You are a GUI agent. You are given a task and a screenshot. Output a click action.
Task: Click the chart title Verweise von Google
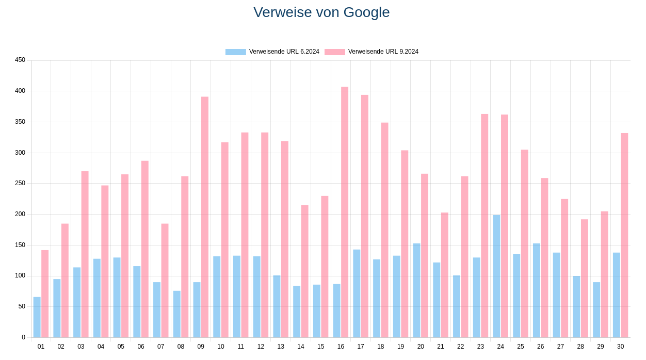[x=321, y=12]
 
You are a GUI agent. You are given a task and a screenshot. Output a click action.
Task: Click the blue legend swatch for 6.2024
[x=235, y=52]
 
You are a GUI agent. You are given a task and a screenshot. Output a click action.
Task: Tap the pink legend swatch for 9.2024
[x=334, y=52]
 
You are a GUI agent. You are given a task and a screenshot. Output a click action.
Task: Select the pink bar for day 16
[x=345, y=212]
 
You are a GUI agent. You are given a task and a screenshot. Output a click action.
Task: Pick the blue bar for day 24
[x=496, y=276]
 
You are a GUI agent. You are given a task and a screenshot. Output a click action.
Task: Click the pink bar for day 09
[x=205, y=217]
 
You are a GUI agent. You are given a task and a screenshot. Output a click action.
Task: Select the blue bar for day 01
[x=37, y=317]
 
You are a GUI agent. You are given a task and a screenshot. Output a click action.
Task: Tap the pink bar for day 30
[x=624, y=235]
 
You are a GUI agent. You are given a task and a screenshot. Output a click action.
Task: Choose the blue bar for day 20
[x=416, y=290]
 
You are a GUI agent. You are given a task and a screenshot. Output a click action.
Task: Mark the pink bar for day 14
[x=305, y=271]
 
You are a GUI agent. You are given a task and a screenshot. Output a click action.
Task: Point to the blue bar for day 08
[x=177, y=314]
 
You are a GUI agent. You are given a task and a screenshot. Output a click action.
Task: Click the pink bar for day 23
[x=484, y=225]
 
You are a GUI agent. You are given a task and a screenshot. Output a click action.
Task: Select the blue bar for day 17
[x=357, y=293]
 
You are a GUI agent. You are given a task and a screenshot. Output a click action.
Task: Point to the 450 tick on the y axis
[x=20, y=60]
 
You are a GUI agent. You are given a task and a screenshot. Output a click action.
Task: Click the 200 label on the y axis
[x=20, y=214]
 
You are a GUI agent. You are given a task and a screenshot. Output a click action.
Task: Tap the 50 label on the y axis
[x=22, y=306]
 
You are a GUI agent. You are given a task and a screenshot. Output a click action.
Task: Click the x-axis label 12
[x=261, y=347]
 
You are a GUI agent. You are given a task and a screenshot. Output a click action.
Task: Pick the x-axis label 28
[x=580, y=347]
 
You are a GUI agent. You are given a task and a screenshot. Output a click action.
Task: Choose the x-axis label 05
[x=121, y=347]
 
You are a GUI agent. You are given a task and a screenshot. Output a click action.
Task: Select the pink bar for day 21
[x=445, y=275]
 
